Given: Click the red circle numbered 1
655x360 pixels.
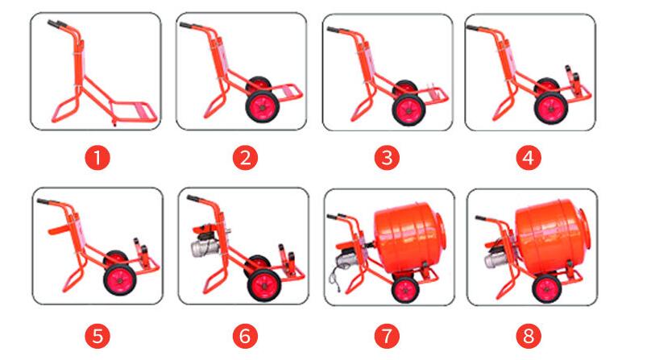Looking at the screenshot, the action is (x=97, y=159).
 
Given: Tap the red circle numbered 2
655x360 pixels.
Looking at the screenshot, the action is (x=245, y=159).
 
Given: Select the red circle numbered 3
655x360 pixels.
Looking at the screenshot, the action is (x=387, y=158).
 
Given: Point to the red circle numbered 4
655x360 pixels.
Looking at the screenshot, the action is (x=529, y=159).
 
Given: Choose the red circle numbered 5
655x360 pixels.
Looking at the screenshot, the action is (x=97, y=337).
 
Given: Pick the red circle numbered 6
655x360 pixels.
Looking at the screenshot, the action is (x=245, y=337).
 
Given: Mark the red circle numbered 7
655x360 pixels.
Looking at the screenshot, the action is (x=387, y=337).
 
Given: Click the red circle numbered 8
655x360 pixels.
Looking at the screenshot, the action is (x=529, y=337).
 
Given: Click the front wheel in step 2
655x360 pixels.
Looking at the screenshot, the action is (x=263, y=107).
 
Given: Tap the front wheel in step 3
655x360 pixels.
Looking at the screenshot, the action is (x=408, y=110).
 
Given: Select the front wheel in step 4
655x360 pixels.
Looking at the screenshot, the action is (x=551, y=108).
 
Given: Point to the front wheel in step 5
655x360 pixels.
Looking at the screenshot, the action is (x=120, y=279).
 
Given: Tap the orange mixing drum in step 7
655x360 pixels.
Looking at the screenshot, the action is (x=409, y=238).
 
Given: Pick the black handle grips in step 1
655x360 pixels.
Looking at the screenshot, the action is (x=57, y=24).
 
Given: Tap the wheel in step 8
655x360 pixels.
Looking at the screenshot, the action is (x=547, y=288).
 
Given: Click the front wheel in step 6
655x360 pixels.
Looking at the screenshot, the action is (x=264, y=285).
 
